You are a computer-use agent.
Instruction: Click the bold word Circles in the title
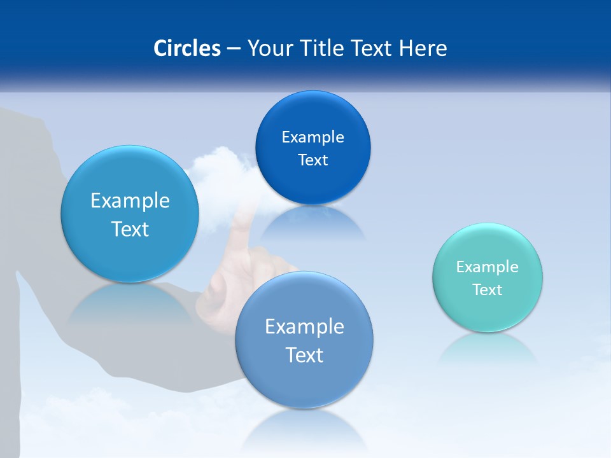(x=187, y=48)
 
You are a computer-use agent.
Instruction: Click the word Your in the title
(x=268, y=48)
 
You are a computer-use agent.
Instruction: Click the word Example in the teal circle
(x=488, y=267)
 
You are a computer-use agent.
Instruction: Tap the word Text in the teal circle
(x=488, y=290)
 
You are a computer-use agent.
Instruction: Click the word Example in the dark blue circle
(x=313, y=137)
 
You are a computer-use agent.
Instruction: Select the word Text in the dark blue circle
(x=313, y=160)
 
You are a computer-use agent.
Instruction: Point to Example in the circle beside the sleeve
(x=130, y=201)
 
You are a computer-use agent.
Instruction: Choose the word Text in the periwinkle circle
(x=304, y=355)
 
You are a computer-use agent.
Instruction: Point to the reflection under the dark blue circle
(x=312, y=223)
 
